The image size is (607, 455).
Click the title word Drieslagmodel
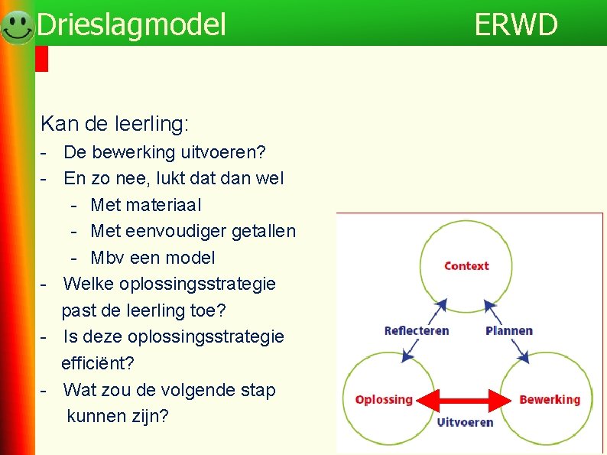[x=131, y=25]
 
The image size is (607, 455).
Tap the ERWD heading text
[x=516, y=25]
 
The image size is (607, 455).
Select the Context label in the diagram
[x=466, y=266]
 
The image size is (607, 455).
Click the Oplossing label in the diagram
[x=384, y=399]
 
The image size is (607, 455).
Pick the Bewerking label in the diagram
[x=550, y=399]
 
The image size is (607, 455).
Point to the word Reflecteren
[x=417, y=330]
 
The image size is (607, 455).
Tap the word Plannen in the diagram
[x=509, y=330]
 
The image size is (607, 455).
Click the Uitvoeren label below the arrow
[x=465, y=422]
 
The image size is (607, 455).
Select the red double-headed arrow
[x=466, y=400]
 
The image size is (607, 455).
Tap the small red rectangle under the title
[x=42, y=59]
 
